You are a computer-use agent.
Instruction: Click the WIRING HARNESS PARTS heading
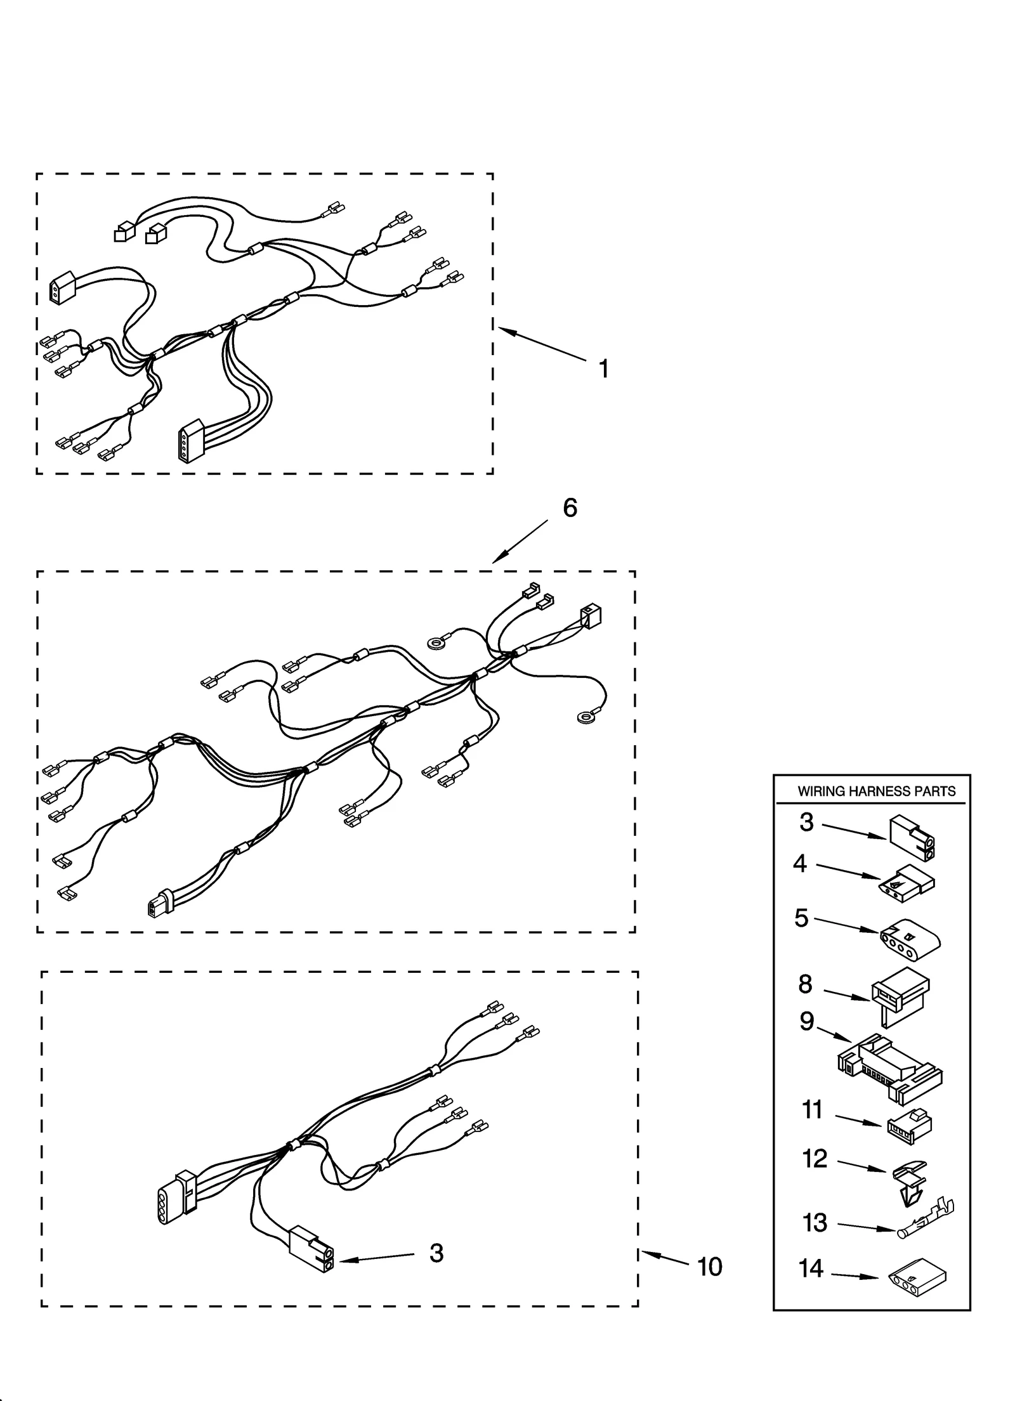pyautogui.click(x=876, y=791)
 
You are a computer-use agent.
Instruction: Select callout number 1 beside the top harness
pyautogui.click(x=603, y=368)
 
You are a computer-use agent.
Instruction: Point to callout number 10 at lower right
pyautogui.click(x=709, y=1267)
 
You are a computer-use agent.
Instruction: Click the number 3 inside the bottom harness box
pyautogui.click(x=436, y=1253)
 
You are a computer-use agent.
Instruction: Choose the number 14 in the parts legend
pyautogui.click(x=811, y=1268)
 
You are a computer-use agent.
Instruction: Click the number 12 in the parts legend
pyautogui.click(x=815, y=1159)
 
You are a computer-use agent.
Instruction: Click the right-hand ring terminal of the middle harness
pyautogui.click(x=584, y=718)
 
